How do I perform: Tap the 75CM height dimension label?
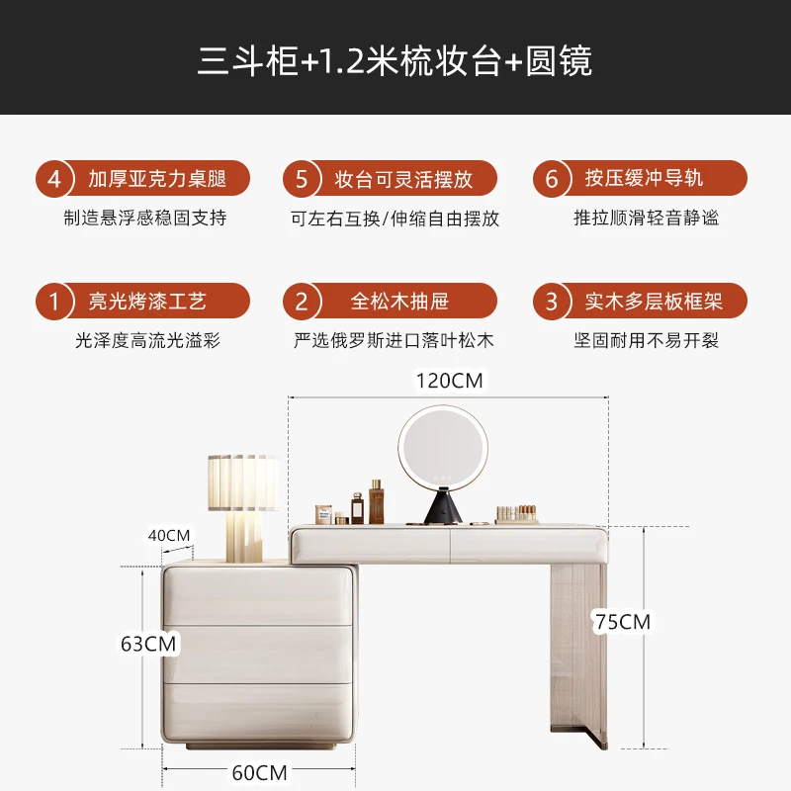(622, 622)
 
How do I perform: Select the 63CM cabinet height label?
(148, 644)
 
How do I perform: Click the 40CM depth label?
(168, 535)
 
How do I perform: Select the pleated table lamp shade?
(241, 481)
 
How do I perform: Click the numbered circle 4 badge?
(55, 180)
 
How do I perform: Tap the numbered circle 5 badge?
(303, 180)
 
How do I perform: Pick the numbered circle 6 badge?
(552, 180)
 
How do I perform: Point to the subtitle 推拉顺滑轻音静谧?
(646, 219)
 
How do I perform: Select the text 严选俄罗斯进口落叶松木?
(394, 341)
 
